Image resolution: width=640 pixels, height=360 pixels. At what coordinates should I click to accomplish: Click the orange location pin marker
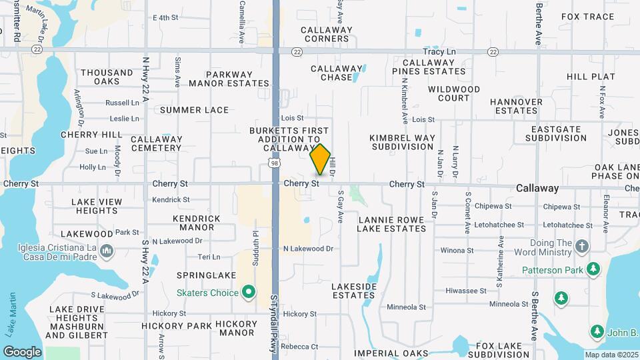tap(321, 159)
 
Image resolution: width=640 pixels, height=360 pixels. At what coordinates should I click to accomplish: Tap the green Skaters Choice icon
tap(249, 292)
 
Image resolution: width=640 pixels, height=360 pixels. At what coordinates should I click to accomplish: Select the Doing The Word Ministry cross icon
tap(582, 247)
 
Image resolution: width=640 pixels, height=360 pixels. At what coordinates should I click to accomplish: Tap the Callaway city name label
tap(537, 189)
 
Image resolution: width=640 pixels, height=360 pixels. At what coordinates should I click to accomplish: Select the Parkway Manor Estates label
tap(229, 79)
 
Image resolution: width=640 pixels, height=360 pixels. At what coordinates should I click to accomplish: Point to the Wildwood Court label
tap(454, 93)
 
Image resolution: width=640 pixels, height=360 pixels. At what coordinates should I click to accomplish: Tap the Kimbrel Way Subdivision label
tap(403, 142)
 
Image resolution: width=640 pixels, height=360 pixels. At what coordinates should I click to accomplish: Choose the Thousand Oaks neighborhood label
tap(107, 77)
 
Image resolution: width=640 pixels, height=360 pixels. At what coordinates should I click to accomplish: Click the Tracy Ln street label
tap(439, 51)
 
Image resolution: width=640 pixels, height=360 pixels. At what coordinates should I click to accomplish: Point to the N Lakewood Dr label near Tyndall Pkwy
tap(307, 249)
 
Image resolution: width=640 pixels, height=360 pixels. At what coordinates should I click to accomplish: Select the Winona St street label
tap(457, 251)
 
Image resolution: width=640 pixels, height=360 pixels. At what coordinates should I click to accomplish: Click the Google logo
tap(22, 351)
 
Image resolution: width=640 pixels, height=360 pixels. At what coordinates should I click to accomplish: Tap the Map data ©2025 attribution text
tap(610, 355)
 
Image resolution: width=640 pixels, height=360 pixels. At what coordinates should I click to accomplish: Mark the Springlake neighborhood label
tap(203, 275)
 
